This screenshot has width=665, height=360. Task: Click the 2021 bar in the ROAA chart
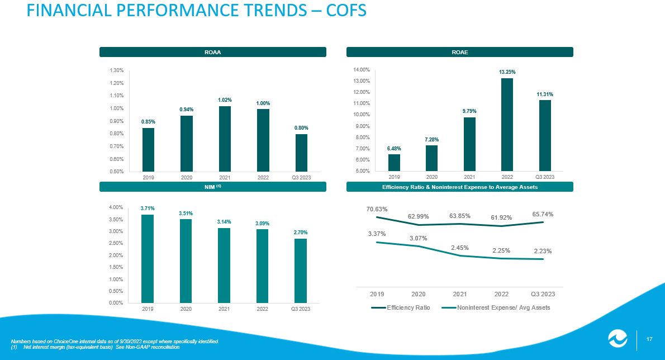coord(225,139)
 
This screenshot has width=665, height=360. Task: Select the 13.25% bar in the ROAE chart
coord(507,125)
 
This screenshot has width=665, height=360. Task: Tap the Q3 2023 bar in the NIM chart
coord(300,271)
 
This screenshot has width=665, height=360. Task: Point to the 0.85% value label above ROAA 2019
coord(149,122)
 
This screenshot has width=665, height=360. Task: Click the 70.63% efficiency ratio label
coord(377,209)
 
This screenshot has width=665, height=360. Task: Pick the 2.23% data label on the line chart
coord(543,251)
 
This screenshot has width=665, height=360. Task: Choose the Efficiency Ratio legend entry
coord(400,307)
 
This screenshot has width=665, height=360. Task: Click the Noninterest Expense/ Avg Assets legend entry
coord(496,307)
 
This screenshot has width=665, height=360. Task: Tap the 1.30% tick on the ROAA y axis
coord(117,70)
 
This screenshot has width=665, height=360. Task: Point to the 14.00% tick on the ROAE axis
coord(362,69)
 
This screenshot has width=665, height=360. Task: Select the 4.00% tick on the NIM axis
coord(116,207)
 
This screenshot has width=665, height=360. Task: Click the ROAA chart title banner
coord(212,52)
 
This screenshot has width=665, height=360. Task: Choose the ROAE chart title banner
coord(460,52)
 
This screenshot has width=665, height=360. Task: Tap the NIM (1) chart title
coord(212,187)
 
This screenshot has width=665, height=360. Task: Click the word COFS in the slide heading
coord(346,10)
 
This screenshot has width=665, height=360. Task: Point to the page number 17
coord(649,339)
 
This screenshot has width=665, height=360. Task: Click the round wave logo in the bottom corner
coord(618,339)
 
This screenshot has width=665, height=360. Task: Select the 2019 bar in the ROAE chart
coord(394,163)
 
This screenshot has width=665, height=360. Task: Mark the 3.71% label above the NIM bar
coord(148,208)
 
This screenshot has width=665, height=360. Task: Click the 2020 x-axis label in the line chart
coord(418,294)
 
